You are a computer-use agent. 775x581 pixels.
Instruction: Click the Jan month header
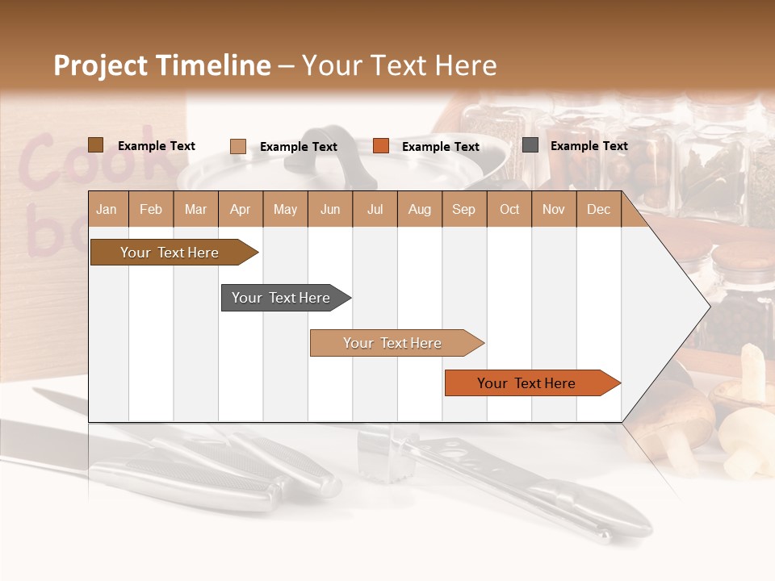point(107,209)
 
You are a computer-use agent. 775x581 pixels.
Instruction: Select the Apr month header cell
point(241,209)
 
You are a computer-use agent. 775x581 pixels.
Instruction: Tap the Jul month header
point(375,209)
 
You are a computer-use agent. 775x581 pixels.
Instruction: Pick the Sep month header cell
point(464,209)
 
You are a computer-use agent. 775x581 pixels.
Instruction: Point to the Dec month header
point(599,209)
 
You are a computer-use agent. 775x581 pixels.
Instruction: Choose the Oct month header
point(509,209)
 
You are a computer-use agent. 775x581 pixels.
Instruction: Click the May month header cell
point(285,209)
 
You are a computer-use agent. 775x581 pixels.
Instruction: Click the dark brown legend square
point(96,145)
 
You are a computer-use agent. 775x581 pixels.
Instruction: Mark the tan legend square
point(238,146)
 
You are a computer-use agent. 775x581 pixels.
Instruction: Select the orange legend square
point(381,146)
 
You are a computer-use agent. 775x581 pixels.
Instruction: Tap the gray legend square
point(530,145)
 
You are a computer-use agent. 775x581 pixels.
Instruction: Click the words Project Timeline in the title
point(161,65)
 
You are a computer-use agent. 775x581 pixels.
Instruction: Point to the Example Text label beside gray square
point(589,146)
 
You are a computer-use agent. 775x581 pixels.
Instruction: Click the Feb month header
point(151,209)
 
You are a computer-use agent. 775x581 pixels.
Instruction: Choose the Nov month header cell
point(554,209)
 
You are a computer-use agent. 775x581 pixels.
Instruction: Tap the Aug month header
point(420,209)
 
